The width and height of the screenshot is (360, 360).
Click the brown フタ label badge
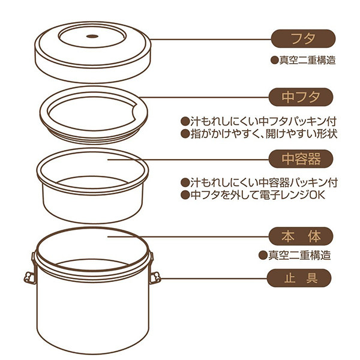(303, 38)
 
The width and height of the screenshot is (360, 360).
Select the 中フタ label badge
(301, 97)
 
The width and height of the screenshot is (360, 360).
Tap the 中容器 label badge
(301, 159)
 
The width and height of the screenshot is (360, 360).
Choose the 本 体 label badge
(301, 236)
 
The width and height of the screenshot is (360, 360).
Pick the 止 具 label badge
(299, 278)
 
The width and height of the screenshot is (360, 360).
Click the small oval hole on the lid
(92, 36)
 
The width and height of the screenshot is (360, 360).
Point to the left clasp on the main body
(31, 273)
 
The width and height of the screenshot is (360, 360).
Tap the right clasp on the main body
(154, 273)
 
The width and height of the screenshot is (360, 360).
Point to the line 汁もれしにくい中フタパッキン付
(259, 121)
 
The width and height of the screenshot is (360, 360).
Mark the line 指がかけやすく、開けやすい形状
(259, 134)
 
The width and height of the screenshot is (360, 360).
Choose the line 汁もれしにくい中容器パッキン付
(259, 183)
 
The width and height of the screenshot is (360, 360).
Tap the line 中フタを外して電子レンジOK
(253, 195)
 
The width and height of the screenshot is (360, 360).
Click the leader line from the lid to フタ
(211, 39)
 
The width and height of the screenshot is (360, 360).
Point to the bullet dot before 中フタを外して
(185, 196)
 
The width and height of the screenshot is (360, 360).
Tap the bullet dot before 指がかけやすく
(185, 134)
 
